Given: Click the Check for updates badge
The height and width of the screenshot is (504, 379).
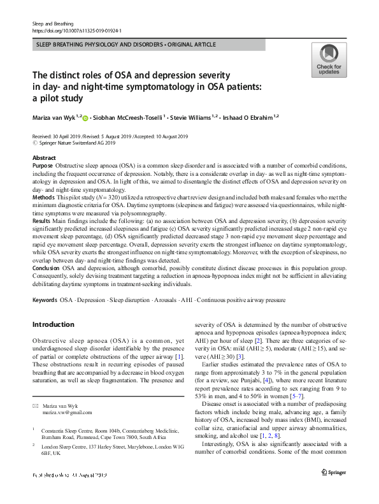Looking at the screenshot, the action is click(x=328, y=61).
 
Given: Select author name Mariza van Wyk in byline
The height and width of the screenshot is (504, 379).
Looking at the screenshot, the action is click(x=55, y=117).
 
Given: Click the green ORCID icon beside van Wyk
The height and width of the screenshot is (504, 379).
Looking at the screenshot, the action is click(x=87, y=118).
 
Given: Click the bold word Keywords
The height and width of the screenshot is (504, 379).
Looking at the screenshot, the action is click(x=45, y=299).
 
